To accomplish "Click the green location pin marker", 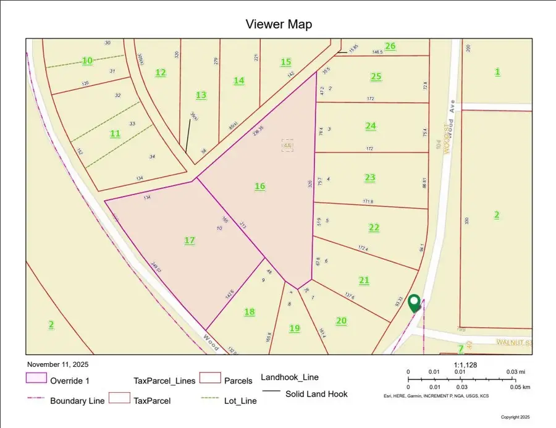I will [x=414, y=303].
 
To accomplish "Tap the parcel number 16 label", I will [x=260, y=186].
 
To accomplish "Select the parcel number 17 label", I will [x=190, y=240].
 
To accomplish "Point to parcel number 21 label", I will [x=364, y=280].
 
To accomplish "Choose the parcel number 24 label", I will [x=370, y=125].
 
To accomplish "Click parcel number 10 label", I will [x=88, y=61].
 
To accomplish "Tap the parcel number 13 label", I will [x=201, y=94].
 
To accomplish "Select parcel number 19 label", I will [x=295, y=328].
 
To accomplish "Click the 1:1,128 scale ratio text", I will [x=467, y=365].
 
